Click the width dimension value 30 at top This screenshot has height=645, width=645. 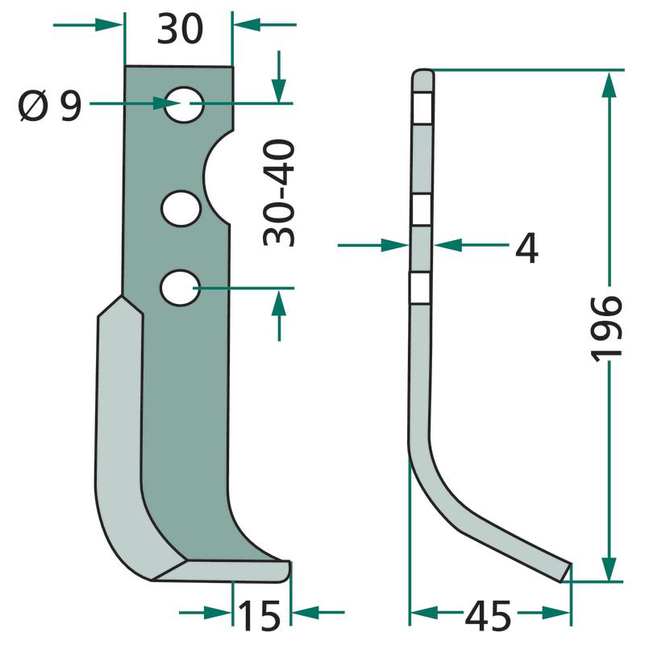click(180, 29)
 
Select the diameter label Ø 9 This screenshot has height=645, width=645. click(50, 106)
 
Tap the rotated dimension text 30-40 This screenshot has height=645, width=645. click(279, 193)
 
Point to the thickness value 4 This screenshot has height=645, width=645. click(527, 248)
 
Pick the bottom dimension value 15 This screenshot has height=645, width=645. click(259, 615)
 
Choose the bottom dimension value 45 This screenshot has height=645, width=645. click(488, 616)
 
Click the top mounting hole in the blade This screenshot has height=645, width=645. click(185, 105)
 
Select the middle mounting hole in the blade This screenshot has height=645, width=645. click(181, 208)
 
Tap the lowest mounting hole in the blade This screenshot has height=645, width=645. click(180, 288)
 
